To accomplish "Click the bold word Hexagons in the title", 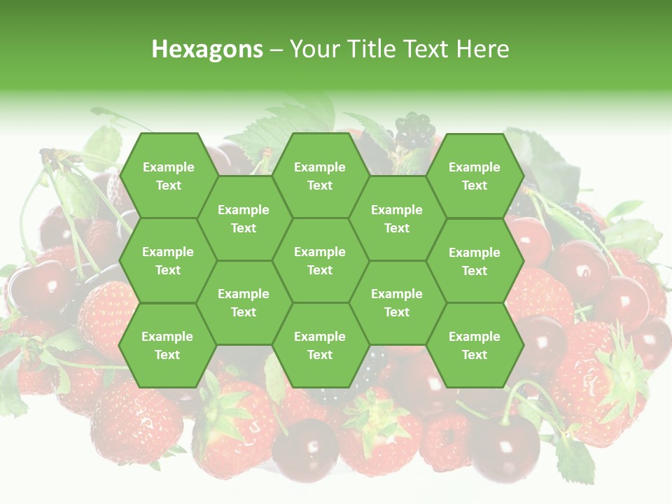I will pyautogui.click(x=207, y=49).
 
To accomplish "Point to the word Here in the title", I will pyautogui.click(x=482, y=49).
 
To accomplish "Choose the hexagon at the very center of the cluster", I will pyautogui.click(x=320, y=260).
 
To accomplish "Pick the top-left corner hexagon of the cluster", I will pyautogui.click(x=168, y=176).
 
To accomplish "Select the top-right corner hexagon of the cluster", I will pyautogui.click(x=475, y=176).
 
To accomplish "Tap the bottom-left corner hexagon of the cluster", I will pyautogui.click(x=167, y=345).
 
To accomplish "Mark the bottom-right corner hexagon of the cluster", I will pyautogui.click(x=475, y=345).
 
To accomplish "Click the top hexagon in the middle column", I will pyautogui.click(x=320, y=176).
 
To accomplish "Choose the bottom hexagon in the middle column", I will pyautogui.click(x=320, y=345).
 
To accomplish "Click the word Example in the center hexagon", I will pyautogui.click(x=320, y=252).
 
